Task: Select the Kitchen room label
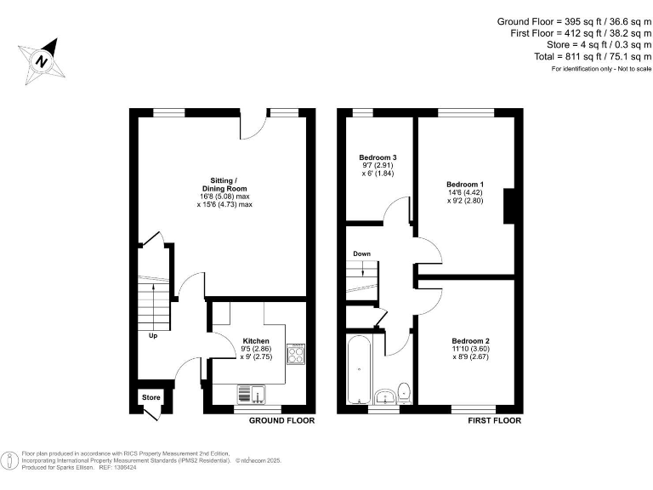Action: [256, 341]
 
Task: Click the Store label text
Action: [150, 397]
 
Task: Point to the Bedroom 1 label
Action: [464, 185]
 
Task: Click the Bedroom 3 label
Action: [377, 157]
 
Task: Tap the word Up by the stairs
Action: [153, 335]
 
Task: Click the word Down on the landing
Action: [362, 254]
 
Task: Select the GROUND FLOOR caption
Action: [281, 420]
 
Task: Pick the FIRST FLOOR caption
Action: [494, 420]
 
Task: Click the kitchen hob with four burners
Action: [296, 354]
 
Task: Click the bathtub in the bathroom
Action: [359, 370]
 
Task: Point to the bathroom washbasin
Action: [383, 396]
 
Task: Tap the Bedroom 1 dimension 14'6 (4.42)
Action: [464, 193]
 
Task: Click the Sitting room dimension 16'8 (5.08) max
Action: [225, 197]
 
